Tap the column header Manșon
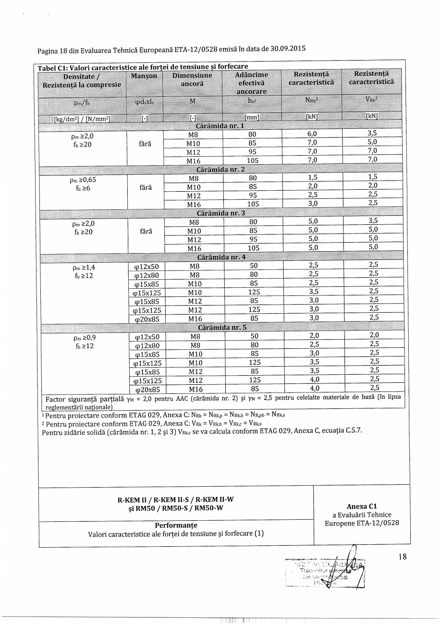point(144,76)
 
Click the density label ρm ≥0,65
point(82,180)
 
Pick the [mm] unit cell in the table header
point(252,117)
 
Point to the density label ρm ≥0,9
point(81,337)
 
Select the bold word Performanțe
point(176,526)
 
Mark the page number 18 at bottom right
point(403,557)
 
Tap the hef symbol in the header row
point(252,101)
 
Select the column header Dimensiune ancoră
point(193,80)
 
